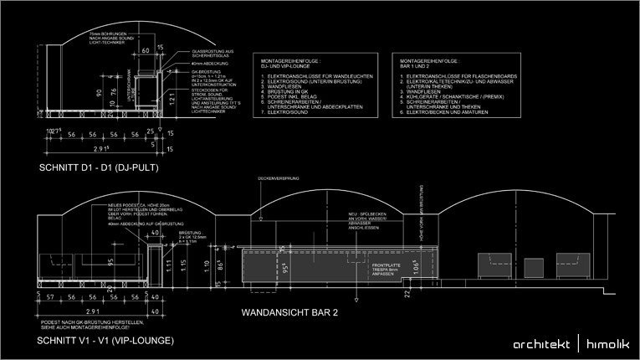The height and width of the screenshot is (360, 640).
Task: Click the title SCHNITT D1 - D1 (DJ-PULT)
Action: click(99, 168)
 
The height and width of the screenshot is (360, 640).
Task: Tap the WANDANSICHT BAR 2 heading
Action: click(289, 314)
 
